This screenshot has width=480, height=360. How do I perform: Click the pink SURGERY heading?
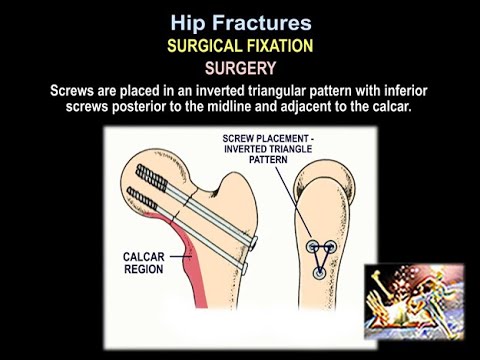pos(240,69)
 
